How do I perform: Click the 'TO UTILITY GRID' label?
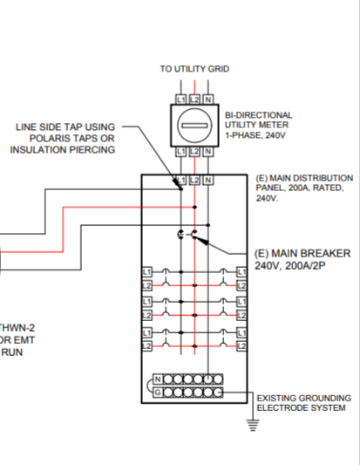coord(194,68)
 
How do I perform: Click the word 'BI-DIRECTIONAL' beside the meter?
coord(259,114)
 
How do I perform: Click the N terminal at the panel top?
coord(207,180)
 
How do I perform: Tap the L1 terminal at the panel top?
coord(181,180)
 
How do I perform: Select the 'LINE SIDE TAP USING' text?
coord(65,127)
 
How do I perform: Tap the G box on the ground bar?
coord(158,392)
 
